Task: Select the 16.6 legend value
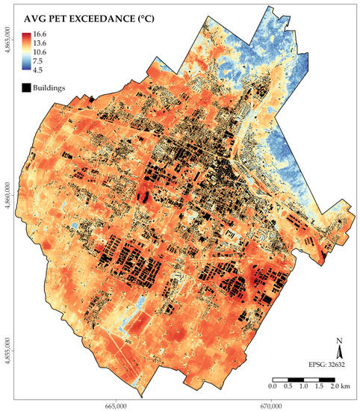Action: click(40, 34)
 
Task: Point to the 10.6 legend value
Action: click(40, 53)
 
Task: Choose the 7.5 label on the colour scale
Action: click(37, 63)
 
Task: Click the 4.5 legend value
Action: click(37, 72)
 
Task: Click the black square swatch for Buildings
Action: click(26, 88)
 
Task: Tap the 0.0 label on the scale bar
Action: click(273, 388)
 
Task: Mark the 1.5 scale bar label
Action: click(320, 388)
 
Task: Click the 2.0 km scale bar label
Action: click(338, 388)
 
